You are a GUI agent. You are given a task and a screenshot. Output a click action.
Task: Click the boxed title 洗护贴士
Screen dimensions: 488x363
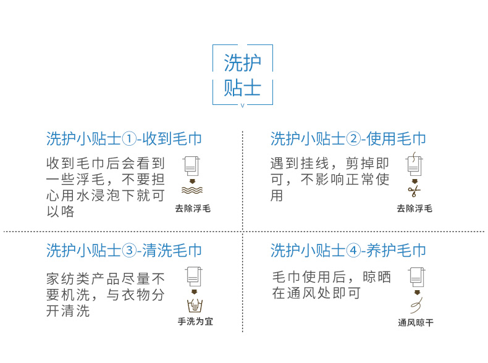tap(242, 75)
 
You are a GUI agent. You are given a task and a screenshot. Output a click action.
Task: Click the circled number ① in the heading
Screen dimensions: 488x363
tap(129, 139)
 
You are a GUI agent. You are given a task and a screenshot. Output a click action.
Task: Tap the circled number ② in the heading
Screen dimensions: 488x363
tap(353, 139)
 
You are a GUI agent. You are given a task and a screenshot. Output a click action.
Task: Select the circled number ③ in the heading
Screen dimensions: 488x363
tap(129, 251)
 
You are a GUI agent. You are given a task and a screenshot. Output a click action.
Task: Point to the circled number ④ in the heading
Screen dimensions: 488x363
tap(353, 251)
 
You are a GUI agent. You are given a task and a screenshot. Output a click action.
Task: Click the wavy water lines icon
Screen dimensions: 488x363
tap(192, 190)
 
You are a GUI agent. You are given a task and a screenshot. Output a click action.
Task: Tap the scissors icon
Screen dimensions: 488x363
tap(414, 191)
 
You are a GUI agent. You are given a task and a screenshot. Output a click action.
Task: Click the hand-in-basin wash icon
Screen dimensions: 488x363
tap(195, 305)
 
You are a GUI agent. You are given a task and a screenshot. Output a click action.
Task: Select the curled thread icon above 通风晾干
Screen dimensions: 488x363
tap(417, 306)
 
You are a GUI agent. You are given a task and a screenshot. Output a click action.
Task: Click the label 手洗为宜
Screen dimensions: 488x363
tap(195, 321)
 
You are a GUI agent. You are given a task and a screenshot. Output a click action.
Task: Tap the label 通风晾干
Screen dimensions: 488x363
tap(416, 322)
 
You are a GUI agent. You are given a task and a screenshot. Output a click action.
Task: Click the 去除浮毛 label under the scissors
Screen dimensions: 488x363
tap(414, 209)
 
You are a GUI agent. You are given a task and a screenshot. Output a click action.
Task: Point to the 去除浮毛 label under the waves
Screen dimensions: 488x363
tap(193, 209)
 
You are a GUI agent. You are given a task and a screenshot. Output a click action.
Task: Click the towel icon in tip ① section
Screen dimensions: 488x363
tap(191, 166)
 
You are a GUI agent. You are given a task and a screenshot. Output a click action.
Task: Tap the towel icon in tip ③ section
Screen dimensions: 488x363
tap(194, 277)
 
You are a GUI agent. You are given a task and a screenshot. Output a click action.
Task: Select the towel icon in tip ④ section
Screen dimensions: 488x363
tap(416, 277)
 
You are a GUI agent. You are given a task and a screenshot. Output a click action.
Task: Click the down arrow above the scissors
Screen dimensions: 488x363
tap(414, 181)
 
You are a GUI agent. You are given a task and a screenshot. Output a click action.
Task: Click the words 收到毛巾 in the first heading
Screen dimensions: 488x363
tap(172, 139)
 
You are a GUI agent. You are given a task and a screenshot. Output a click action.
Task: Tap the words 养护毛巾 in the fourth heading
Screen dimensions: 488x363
tap(396, 251)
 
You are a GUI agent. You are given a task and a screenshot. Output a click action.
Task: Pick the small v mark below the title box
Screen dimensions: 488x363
tap(242, 106)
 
